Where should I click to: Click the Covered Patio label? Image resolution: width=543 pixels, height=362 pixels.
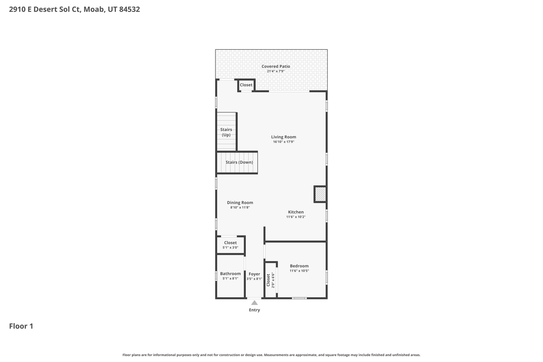pos(276,67)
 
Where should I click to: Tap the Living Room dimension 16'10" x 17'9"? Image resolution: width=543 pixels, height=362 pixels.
pos(283,142)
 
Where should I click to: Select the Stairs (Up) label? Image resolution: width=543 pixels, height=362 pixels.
pos(226,132)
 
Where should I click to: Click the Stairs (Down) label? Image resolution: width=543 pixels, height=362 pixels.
pos(239,162)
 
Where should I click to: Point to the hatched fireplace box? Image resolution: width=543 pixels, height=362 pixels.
pos(321,194)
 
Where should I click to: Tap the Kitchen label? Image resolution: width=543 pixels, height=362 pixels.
pos(296,212)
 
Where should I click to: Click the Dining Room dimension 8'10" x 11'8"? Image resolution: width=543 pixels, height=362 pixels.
pos(240,208)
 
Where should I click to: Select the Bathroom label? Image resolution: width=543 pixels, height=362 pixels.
pos(230,274)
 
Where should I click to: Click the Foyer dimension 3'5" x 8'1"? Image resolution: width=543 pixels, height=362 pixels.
pos(254,279)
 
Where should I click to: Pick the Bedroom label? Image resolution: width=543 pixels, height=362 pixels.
pos(299,266)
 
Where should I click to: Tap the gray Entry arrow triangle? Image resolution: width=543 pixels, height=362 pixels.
pos(254,303)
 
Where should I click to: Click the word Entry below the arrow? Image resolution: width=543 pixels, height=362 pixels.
pos(254,310)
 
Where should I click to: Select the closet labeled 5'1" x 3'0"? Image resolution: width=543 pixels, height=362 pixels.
pos(230,245)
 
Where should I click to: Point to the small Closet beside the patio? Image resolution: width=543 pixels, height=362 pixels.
pos(246,85)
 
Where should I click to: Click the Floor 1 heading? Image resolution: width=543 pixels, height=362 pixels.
pos(21,326)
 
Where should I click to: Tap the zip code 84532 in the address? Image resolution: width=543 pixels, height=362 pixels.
pos(130,10)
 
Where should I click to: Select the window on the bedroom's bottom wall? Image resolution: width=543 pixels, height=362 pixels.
pos(299,298)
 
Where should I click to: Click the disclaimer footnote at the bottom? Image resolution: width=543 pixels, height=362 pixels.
pos(271,355)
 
